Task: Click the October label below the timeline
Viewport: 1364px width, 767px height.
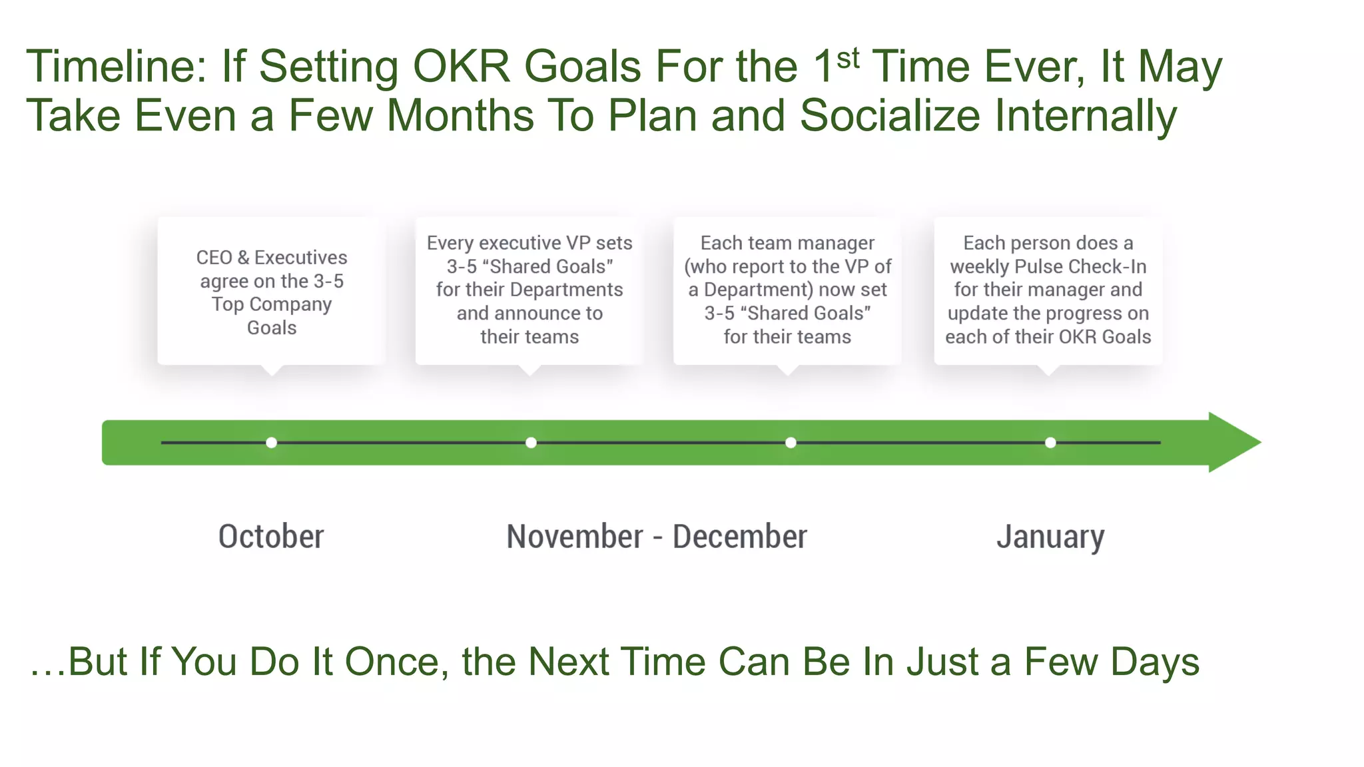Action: coord(271,537)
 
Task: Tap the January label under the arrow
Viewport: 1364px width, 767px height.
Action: coord(1050,537)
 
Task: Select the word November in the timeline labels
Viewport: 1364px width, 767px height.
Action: coord(575,537)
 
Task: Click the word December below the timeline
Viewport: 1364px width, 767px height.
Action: coord(740,537)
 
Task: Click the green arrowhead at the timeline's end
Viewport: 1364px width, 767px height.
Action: coord(1232,442)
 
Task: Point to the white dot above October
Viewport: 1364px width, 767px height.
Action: coord(271,443)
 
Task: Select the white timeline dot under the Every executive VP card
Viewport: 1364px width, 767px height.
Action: coord(531,443)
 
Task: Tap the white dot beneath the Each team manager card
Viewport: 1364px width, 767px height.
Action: coord(791,443)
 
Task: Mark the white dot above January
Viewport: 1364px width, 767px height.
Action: coord(1050,443)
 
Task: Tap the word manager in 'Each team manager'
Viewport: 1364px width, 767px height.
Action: coord(836,243)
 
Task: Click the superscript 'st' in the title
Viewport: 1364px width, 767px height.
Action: coord(848,59)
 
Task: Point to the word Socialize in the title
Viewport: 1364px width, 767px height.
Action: coord(890,116)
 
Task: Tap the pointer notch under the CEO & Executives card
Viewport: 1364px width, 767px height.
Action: coord(272,370)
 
